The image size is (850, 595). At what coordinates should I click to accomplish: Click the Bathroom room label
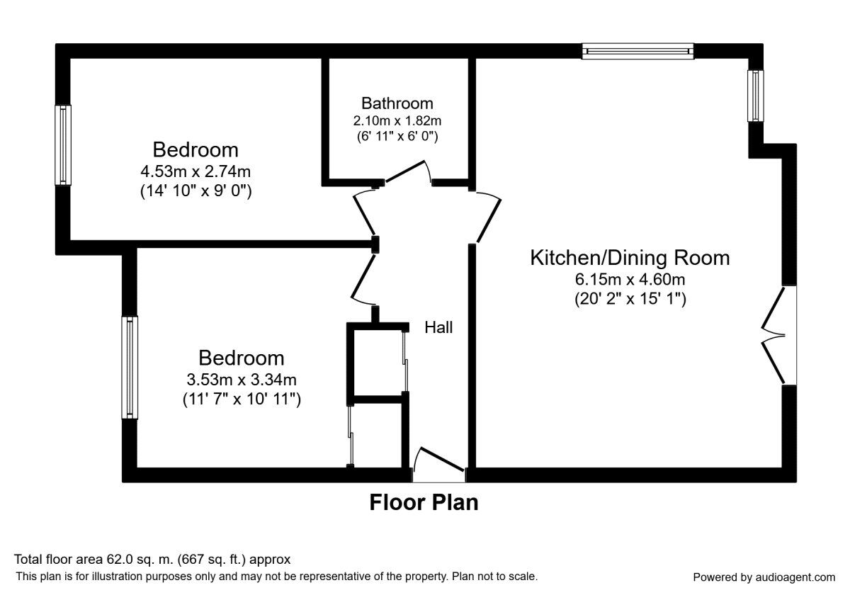click(x=397, y=103)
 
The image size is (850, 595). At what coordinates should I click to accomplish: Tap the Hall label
click(x=438, y=327)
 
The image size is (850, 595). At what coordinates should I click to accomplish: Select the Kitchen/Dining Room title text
click(x=630, y=258)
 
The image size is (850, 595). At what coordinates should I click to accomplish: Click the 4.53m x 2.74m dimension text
click(x=195, y=171)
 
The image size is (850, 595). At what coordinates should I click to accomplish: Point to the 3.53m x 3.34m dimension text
click(x=242, y=380)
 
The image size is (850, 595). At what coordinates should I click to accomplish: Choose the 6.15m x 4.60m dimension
click(x=630, y=280)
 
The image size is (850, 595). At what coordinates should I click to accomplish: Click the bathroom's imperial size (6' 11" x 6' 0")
click(x=397, y=136)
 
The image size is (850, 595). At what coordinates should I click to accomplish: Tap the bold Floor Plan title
click(x=424, y=502)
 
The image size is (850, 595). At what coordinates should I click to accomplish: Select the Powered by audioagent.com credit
click(x=764, y=577)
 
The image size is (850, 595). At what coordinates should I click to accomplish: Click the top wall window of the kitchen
click(x=638, y=51)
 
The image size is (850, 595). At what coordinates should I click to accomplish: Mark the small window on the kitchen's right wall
click(x=756, y=96)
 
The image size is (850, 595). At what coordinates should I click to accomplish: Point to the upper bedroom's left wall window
click(x=63, y=145)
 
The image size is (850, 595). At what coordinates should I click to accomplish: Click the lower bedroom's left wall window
click(x=130, y=368)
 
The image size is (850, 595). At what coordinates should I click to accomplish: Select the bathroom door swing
click(x=408, y=171)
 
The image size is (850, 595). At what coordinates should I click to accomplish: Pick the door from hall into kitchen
click(x=489, y=217)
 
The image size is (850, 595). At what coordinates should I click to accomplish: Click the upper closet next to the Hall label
click(x=378, y=363)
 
